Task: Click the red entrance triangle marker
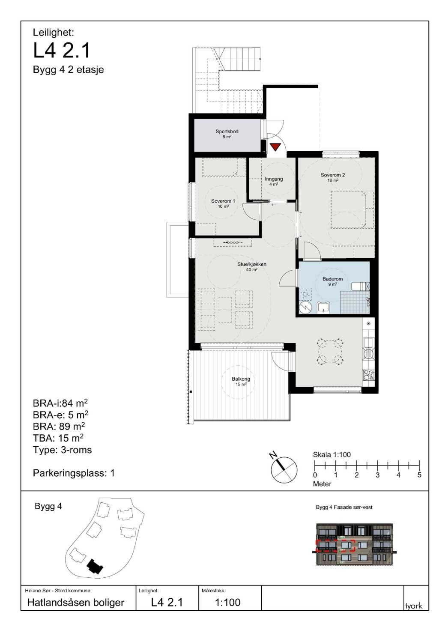click(x=275, y=146)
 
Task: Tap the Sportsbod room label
click(x=227, y=131)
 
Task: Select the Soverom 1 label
click(x=223, y=201)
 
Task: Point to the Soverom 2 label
click(x=332, y=175)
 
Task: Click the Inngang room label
click(x=273, y=179)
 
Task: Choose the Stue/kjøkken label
click(x=251, y=264)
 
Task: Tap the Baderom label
click(x=332, y=279)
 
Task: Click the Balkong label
click(x=241, y=379)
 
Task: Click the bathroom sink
click(x=323, y=308)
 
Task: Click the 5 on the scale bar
click(x=419, y=475)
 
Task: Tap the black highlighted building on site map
click(x=95, y=566)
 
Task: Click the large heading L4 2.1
click(x=62, y=51)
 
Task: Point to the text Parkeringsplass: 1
click(x=74, y=473)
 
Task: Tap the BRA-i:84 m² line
click(x=60, y=403)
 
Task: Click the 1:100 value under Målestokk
click(x=228, y=602)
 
